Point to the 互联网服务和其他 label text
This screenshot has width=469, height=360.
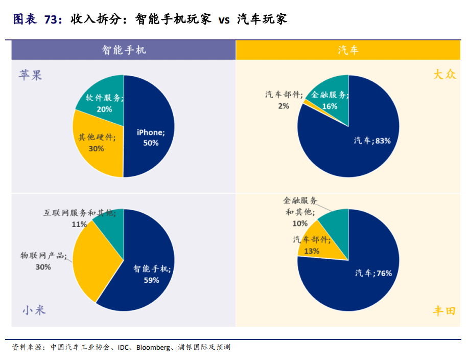click(79, 213)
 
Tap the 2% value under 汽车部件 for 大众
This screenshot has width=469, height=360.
click(284, 106)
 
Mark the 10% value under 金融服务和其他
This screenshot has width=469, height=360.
click(300, 223)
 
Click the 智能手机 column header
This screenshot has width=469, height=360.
click(124, 50)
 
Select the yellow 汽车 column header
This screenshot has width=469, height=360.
click(348, 50)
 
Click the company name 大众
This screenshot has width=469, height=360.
click(444, 74)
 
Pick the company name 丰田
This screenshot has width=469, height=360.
click(444, 310)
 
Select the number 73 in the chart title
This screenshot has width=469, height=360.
click(50, 19)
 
